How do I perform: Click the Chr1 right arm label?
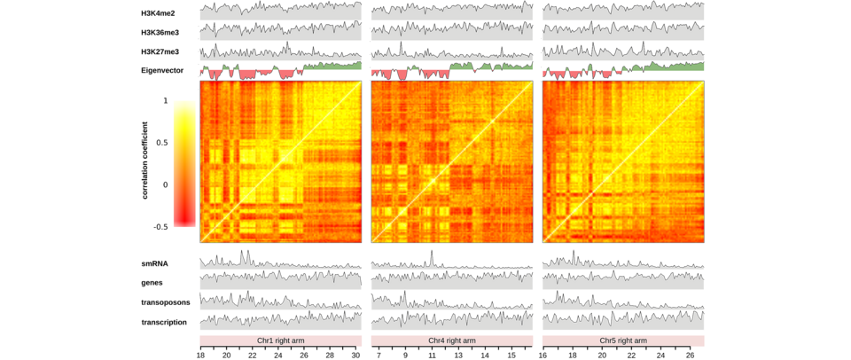tap(280, 340)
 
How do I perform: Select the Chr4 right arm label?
tap(451, 340)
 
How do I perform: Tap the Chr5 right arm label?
tap(623, 340)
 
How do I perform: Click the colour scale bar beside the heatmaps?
tap(184, 164)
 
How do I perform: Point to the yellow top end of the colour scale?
tap(184, 104)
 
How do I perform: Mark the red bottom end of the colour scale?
tap(184, 223)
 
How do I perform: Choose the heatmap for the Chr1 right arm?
tap(280, 161)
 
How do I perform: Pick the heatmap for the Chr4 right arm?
tap(451, 161)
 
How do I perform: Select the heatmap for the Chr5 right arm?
tap(623, 161)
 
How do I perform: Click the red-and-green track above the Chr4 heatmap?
tap(451, 71)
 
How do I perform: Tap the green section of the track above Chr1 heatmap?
tap(337, 67)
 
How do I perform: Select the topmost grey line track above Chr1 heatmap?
tap(280, 11)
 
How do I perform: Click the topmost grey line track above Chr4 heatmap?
tap(451, 11)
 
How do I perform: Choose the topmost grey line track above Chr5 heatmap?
tap(623, 11)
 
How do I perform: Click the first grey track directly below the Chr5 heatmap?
tap(623, 263)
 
